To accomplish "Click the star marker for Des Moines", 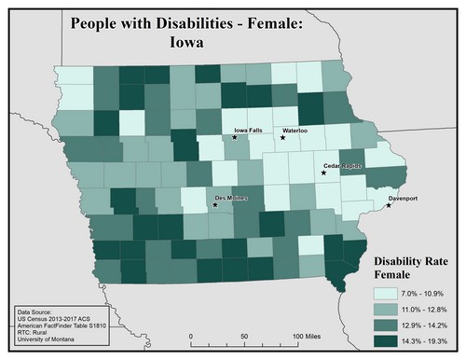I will (x=215, y=206).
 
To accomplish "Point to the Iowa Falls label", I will (x=251, y=131).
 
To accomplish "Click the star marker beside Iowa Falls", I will (x=236, y=138).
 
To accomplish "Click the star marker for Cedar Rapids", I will (x=323, y=173).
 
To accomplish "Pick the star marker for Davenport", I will (x=389, y=205).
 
